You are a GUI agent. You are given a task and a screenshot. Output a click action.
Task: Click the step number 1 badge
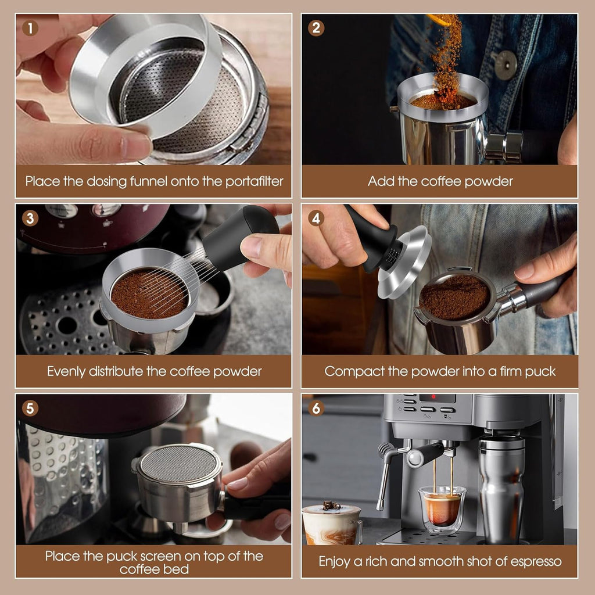click(30, 28)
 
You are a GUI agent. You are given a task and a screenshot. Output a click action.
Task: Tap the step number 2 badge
click(316, 28)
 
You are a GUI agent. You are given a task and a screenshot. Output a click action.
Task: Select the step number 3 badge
click(30, 218)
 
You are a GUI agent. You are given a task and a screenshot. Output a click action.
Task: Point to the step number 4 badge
click(316, 218)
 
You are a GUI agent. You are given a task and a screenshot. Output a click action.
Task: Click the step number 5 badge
click(30, 408)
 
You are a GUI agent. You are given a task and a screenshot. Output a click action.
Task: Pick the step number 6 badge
click(316, 408)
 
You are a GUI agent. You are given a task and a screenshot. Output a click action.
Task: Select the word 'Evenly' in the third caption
click(66, 371)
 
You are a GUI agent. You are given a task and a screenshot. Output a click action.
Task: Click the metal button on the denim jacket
click(505, 64)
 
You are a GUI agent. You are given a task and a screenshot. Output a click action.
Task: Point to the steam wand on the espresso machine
click(383, 476)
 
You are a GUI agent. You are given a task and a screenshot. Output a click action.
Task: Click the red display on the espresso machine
click(437, 399)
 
